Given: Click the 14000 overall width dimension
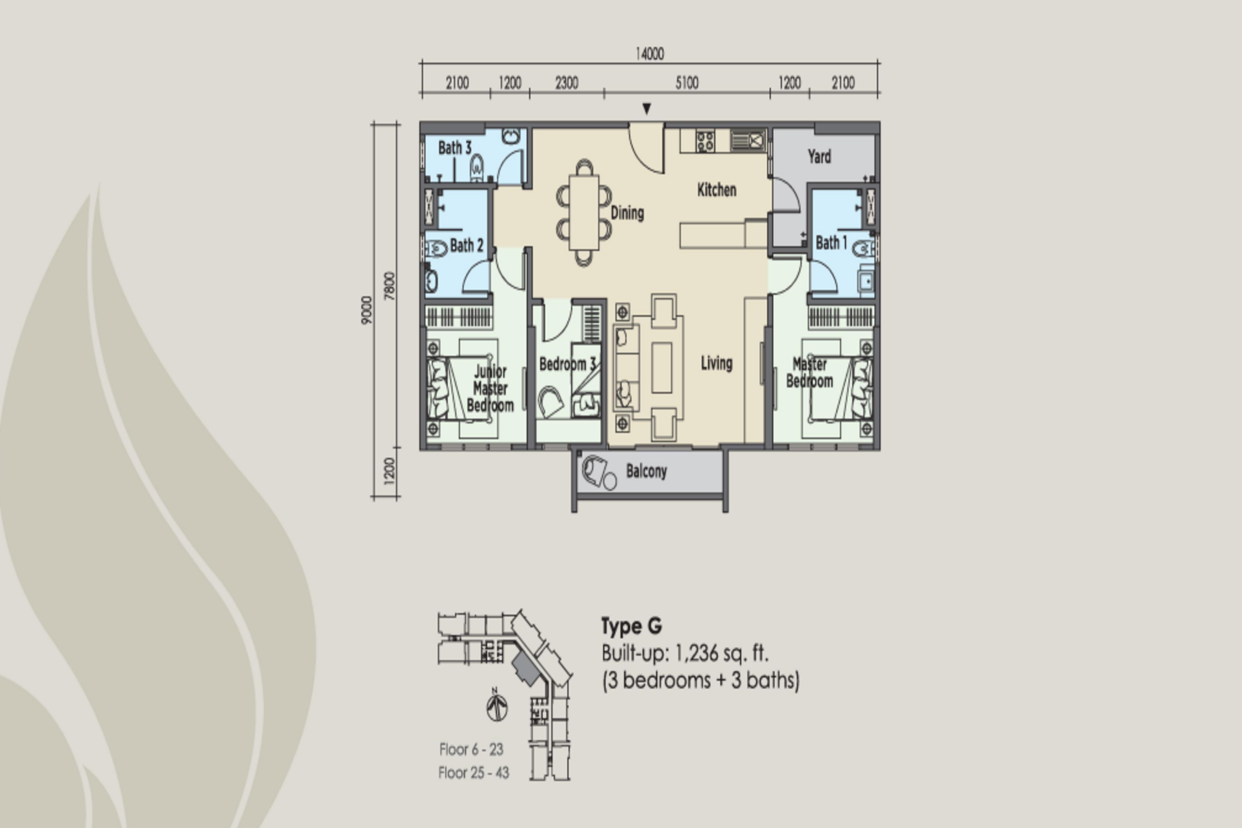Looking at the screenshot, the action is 650,54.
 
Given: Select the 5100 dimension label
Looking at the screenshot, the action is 687,83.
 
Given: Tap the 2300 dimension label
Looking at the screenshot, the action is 567,83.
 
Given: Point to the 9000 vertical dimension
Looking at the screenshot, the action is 366,310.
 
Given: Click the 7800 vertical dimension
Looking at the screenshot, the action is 390,286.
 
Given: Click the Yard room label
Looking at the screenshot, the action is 819,156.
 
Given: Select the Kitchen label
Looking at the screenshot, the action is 717,190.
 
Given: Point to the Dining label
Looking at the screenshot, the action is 627,213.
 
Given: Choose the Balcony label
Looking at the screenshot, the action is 646,471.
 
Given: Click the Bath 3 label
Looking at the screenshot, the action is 455,148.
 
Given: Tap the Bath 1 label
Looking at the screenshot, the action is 831,243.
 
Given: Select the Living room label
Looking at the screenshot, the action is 717,363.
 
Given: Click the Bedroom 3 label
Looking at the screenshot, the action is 568,364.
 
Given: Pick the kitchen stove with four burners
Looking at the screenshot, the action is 705,141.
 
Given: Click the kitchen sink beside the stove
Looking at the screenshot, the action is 748,141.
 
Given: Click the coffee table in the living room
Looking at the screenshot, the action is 662,368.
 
